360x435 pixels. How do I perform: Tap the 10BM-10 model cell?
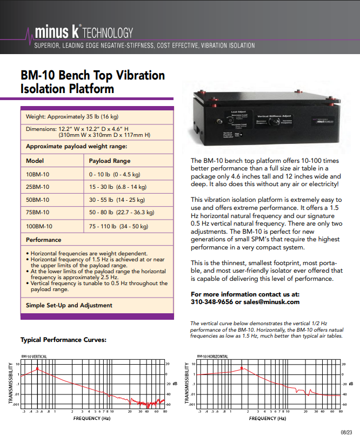coord(37,174)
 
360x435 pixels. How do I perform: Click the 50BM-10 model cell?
coord(37,200)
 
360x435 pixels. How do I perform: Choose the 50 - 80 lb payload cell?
coord(122,212)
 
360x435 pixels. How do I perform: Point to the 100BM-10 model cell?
coord(39,226)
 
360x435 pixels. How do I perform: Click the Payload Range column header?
coord(110,161)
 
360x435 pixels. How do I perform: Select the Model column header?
coord(35,161)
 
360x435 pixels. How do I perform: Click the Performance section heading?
coord(43,240)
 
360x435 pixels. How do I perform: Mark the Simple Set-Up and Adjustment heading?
coord(69,305)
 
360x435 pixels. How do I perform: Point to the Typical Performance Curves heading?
coord(63,340)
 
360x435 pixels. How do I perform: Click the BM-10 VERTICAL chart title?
coord(34,357)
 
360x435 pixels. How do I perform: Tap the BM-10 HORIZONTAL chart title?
coord(212,357)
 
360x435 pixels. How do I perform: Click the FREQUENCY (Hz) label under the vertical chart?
coord(92,418)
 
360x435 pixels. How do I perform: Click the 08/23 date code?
coord(346,431)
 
